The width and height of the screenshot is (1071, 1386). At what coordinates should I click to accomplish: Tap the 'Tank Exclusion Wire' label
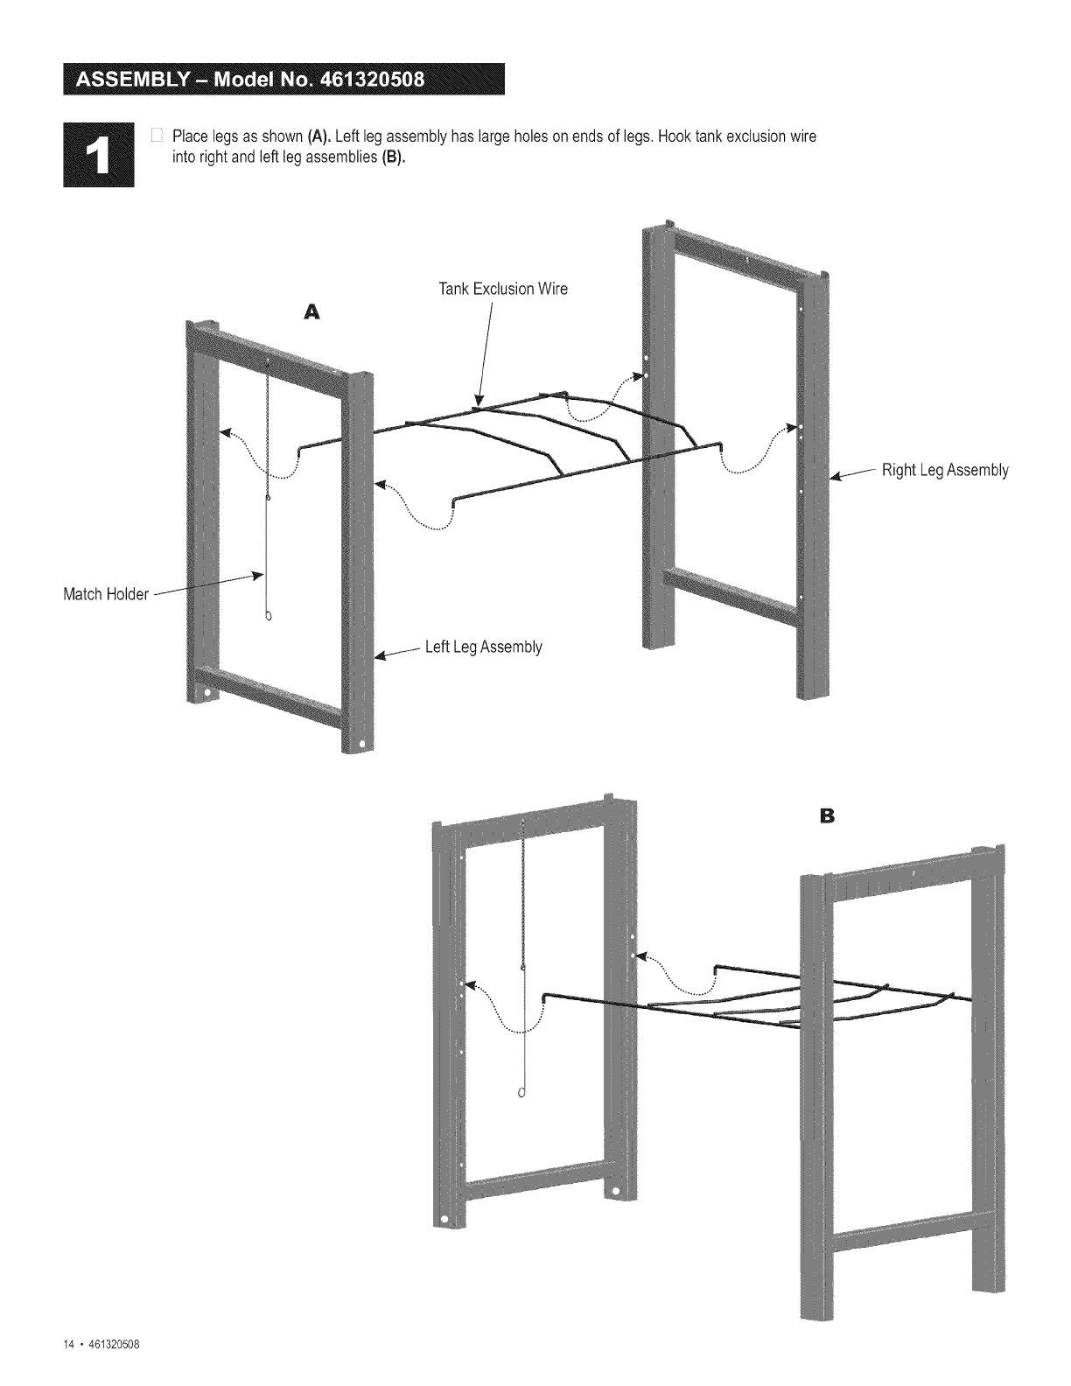pos(503,290)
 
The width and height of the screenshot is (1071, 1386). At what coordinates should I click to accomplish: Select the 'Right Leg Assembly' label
pos(945,471)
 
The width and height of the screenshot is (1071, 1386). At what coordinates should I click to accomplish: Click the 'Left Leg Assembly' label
pos(483,647)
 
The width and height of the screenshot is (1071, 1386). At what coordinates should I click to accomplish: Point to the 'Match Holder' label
pos(105,595)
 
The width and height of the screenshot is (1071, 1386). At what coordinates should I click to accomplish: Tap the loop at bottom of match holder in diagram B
pos(522,1092)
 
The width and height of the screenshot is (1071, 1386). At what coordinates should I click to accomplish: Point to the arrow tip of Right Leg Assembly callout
pos(832,479)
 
